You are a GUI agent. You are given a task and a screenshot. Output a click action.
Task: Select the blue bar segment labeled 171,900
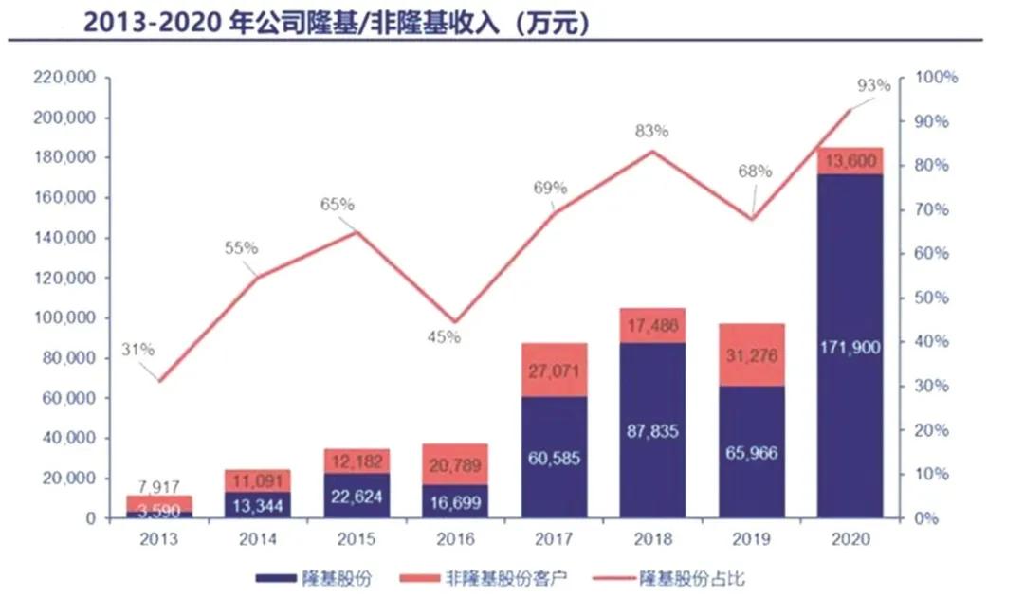tap(849, 347)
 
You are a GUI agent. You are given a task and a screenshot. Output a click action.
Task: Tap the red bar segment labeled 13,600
tap(849, 161)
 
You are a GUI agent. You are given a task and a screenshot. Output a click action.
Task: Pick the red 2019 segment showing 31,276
tap(750, 354)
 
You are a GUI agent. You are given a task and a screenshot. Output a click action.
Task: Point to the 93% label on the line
tap(873, 85)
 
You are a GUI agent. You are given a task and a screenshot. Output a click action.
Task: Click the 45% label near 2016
tap(443, 336)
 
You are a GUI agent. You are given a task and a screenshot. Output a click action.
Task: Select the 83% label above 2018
tap(652, 131)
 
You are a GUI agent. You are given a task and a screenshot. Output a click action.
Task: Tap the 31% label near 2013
tap(137, 349)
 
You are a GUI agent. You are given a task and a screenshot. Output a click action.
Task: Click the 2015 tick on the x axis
tap(357, 538)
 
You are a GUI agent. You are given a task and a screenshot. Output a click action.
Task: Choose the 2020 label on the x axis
tap(849, 538)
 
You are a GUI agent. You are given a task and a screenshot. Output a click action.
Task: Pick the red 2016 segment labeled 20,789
tap(455, 464)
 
